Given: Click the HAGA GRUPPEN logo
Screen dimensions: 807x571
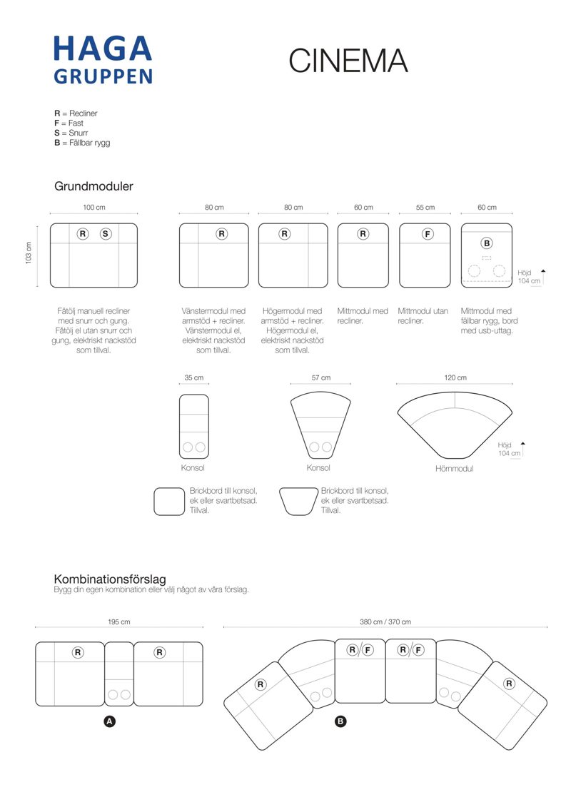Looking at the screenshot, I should click(x=103, y=59).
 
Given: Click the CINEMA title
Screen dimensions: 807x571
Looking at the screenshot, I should click(x=348, y=61).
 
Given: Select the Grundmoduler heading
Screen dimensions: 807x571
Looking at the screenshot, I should click(x=94, y=186).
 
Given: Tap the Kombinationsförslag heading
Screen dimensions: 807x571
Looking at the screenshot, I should click(x=110, y=579).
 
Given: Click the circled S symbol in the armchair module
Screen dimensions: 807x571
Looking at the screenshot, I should click(x=106, y=233).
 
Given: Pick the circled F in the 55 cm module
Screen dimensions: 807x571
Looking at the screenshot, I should click(x=427, y=233).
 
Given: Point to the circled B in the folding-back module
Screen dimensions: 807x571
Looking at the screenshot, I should click(x=487, y=243).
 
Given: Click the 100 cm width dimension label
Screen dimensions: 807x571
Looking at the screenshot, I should click(x=94, y=208).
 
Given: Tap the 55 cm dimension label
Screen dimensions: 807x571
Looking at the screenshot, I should click(x=425, y=208).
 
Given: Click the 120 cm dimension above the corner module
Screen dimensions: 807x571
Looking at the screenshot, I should click(x=455, y=377).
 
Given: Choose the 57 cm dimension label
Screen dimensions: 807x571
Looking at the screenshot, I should click(x=320, y=377).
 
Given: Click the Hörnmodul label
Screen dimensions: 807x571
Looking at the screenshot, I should click(x=454, y=469).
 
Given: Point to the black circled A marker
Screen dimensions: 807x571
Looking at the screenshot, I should click(x=110, y=721).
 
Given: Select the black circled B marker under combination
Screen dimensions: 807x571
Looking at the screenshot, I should click(x=340, y=721).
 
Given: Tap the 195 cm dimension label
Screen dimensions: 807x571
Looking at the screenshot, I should click(x=119, y=621).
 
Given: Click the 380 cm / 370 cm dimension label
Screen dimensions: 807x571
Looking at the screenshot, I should click(x=385, y=621).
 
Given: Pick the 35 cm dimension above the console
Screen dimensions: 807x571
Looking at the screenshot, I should click(x=193, y=377).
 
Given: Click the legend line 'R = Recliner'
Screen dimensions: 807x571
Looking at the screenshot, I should click(x=76, y=113).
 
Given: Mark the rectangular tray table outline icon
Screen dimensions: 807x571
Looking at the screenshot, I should click(x=169, y=501).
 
